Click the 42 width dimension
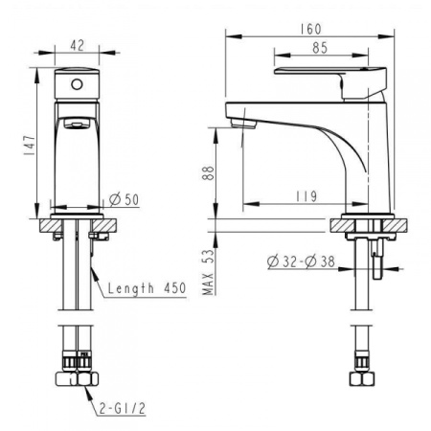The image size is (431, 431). pyautogui.click(x=79, y=44)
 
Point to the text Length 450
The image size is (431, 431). pyautogui.click(x=146, y=287)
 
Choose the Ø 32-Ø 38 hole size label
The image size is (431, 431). pyautogui.click(x=301, y=259)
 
